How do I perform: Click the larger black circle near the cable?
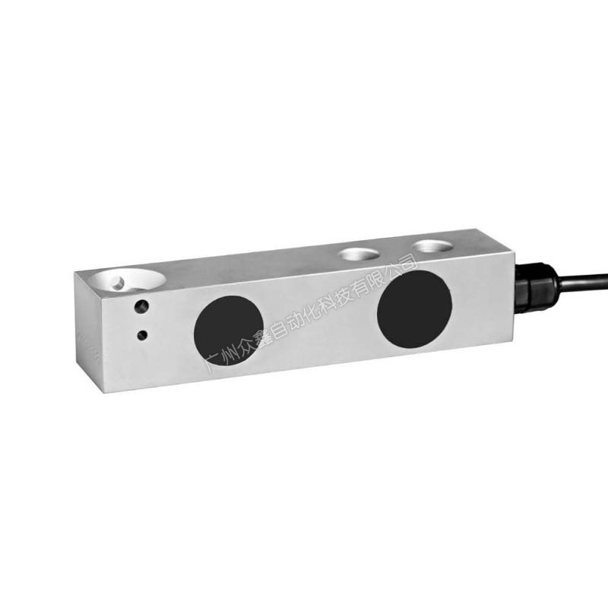tap(414, 309)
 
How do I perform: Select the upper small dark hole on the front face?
tap(141, 307)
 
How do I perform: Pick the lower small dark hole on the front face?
tap(142, 334)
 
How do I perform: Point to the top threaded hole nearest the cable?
tap(432, 246)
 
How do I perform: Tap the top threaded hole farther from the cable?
tap(359, 254)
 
